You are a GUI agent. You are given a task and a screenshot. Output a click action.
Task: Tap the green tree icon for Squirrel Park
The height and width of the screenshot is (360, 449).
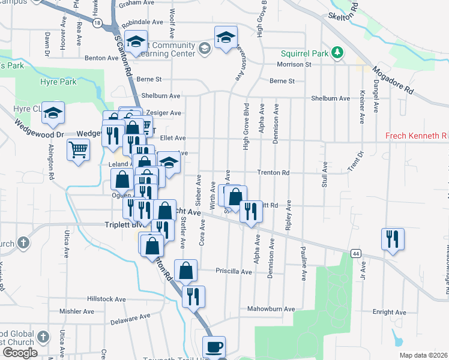point(338,53)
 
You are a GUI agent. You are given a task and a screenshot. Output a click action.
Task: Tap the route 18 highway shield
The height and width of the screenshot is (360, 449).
point(97,23)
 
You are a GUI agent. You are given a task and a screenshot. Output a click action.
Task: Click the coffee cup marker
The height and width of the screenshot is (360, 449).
point(214,346)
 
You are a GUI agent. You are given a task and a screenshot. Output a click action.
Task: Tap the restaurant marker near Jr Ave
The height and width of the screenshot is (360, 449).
point(393,238)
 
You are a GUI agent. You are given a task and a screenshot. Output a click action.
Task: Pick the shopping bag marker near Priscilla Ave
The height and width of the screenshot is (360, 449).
point(186,270)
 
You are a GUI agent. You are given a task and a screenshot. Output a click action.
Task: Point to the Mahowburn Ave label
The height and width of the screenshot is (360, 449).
point(271,309)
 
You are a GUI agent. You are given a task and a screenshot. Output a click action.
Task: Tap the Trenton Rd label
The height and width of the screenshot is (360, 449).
point(273,173)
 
